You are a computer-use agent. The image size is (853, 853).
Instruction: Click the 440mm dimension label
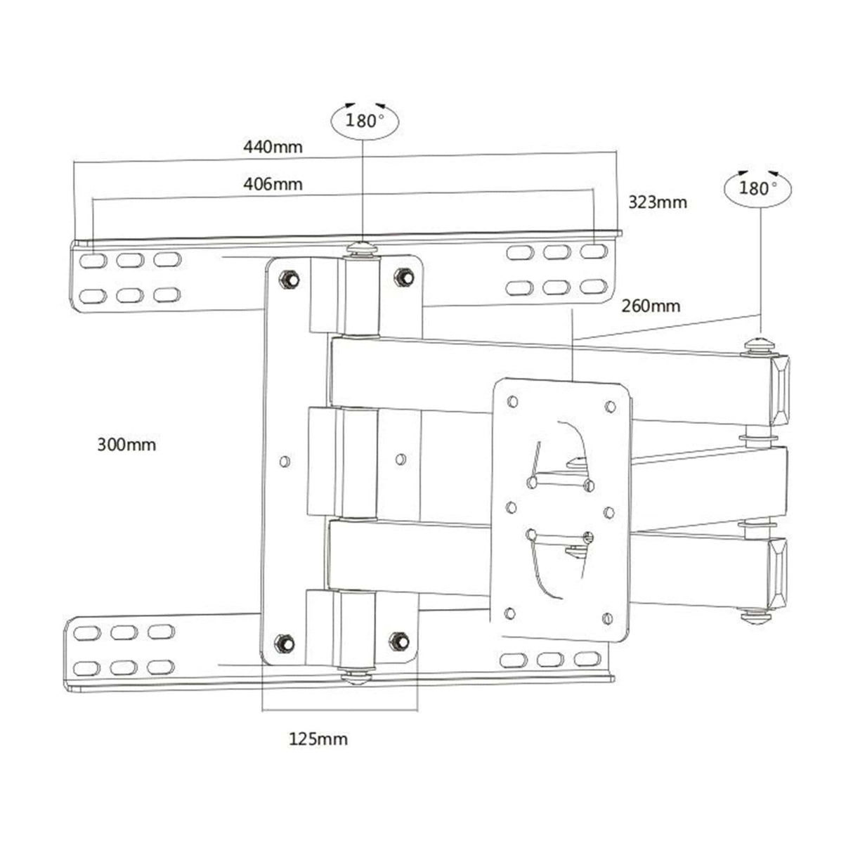click(x=273, y=147)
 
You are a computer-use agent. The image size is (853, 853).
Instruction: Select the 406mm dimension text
click(x=273, y=184)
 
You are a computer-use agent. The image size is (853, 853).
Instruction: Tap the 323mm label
click(x=657, y=202)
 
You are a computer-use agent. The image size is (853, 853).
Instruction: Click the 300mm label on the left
click(x=126, y=445)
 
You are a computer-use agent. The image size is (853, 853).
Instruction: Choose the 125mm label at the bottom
click(x=318, y=739)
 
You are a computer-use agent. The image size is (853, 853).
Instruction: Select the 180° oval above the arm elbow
click(x=758, y=188)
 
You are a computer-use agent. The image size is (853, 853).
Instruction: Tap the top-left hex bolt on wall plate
click(x=287, y=277)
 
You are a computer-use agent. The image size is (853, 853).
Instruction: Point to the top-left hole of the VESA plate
click(x=512, y=402)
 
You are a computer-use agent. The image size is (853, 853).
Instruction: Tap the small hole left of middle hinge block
click(x=284, y=461)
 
